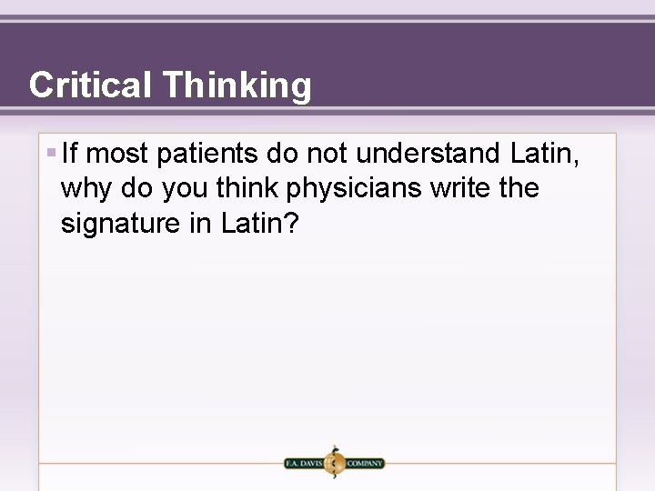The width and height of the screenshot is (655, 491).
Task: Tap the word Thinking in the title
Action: (x=236, y=85)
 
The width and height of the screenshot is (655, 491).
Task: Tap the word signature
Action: (x=121, y=223)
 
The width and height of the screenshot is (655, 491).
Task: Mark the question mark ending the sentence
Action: (x=290, y=223)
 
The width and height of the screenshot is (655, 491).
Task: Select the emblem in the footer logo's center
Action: (x=334, y=462)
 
